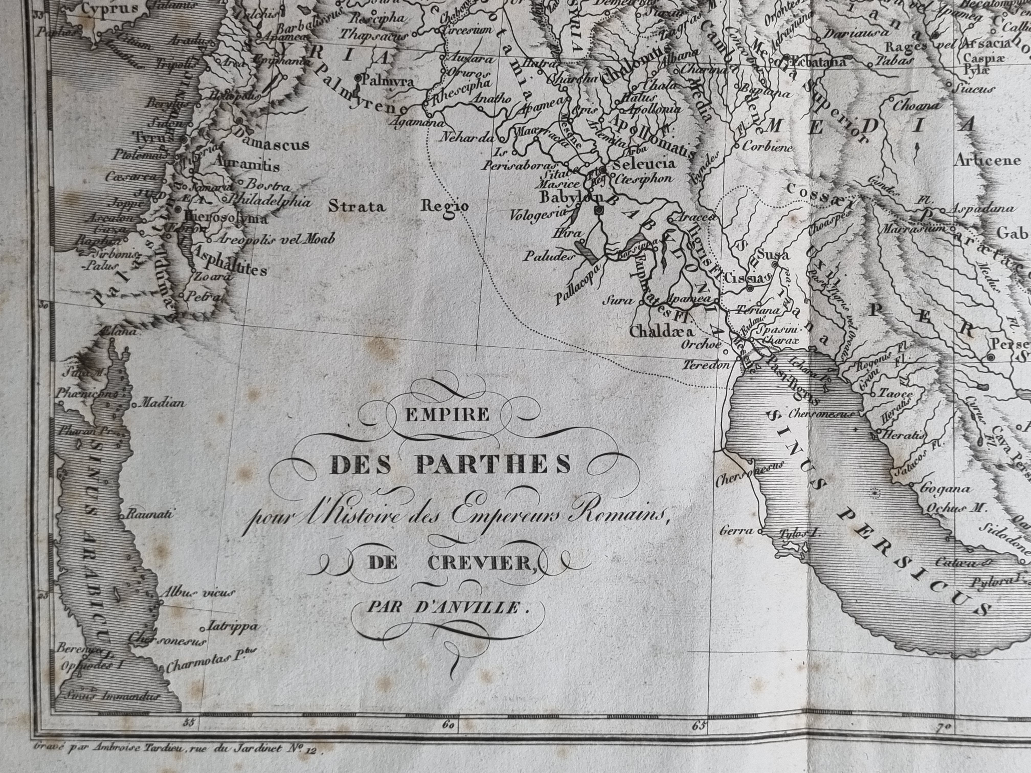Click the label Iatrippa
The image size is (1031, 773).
(232, 626)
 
